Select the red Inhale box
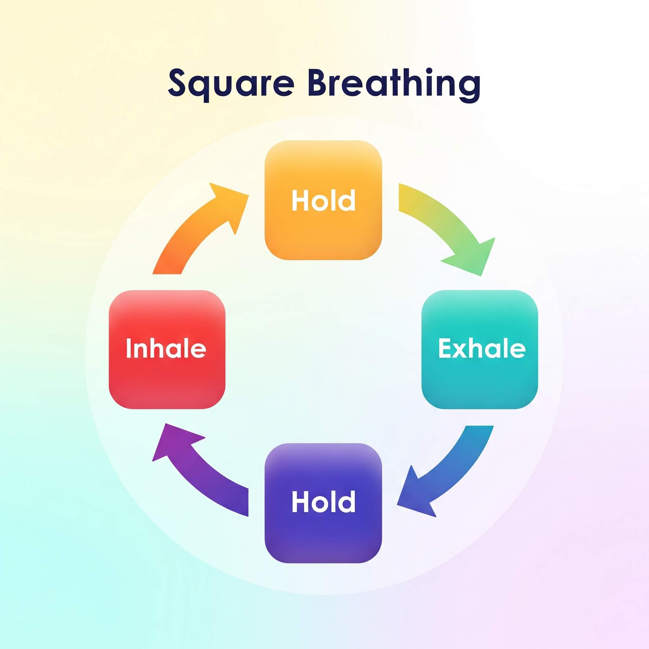(167, 349)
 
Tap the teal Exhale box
(480, 349)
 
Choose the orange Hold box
(323, 200)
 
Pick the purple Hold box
(323, 503)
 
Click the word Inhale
(166, 348)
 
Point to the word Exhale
(482, 348)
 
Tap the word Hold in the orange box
(324, 200)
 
